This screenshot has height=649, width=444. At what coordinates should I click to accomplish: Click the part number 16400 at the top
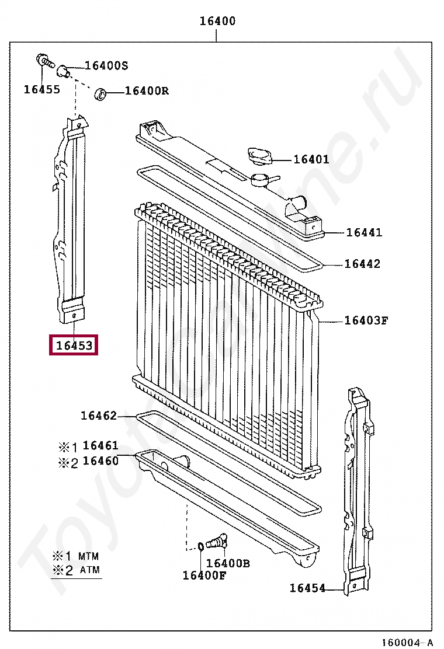point(217,20)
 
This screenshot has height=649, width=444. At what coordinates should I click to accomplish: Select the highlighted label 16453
point(74,345)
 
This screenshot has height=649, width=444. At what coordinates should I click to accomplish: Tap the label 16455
point(42,89)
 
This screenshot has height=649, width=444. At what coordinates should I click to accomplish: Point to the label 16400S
point(106,65)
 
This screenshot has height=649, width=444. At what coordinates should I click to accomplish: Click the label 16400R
point(147,90)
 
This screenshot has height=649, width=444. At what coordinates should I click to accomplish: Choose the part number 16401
point(311,159)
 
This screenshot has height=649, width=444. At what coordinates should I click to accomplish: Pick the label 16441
point(364,232)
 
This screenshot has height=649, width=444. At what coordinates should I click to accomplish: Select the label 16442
point(362,264)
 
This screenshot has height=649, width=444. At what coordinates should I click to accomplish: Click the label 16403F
point(366,320)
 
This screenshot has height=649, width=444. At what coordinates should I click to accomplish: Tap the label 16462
point(99,416)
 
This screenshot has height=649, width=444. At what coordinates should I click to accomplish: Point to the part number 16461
point(100,445)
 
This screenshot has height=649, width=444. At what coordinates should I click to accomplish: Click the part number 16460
point(100,460)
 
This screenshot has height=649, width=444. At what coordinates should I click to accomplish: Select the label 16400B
point(228,563)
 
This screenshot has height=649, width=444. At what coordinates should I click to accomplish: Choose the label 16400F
point(204,575)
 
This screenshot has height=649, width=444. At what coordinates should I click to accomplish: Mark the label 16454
point(307,588)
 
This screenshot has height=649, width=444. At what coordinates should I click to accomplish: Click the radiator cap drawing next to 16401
point(259,156)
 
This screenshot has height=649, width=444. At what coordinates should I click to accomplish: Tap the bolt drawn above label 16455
point(45,61)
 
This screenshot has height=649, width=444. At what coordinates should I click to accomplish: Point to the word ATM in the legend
point(90,570)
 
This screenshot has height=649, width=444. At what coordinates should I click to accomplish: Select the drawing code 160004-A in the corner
point(407,642)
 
